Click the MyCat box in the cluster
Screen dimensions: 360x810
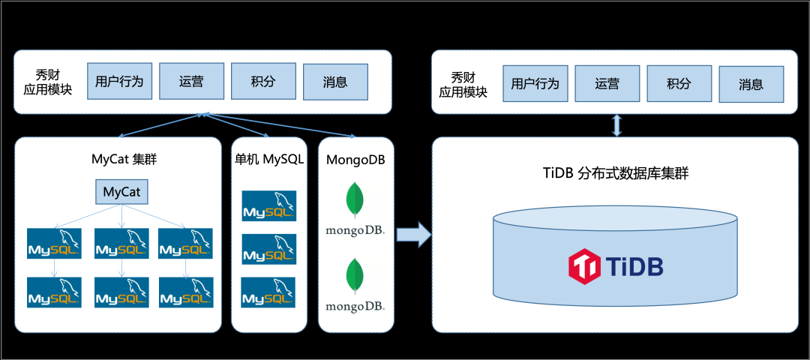click(122, 192)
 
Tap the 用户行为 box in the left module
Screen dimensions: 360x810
click(119, 82)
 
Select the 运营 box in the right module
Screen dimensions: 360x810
click(607, 83)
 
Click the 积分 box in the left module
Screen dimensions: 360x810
click(263, 82)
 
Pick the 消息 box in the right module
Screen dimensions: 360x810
click(751, 84)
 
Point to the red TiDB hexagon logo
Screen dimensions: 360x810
click(583, 266)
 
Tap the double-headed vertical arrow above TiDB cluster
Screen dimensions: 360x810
click(616, 125)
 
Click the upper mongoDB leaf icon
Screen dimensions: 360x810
click(355, 200)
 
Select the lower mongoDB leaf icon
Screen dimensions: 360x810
click(355, 275)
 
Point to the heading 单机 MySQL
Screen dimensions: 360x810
click(268, 160)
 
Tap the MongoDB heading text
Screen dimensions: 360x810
click(355, 160)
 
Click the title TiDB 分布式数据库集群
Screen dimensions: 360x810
click(616, 173)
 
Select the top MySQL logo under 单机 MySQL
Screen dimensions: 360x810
click(268, 206)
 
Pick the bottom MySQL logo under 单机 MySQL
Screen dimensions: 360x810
click(268, 292)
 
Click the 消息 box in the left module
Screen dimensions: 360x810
click(335, 82)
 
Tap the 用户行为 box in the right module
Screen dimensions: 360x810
click(535, 83)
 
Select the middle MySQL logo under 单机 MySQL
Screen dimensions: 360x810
click(268, 249)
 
